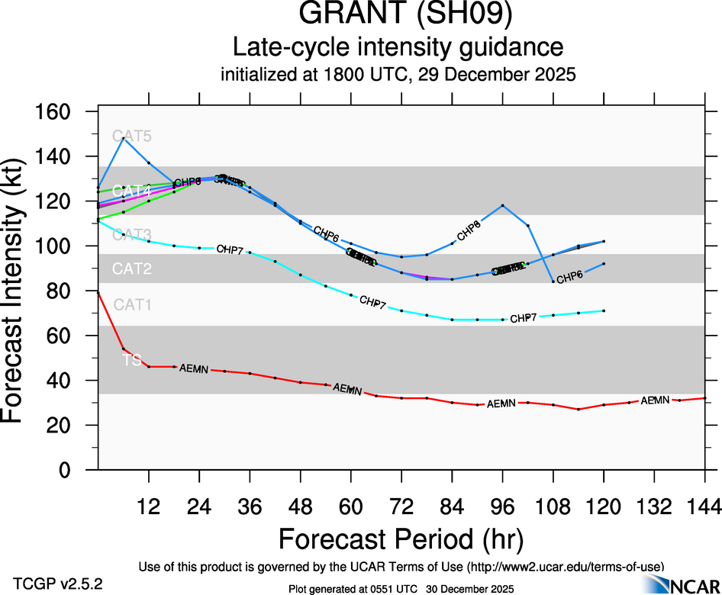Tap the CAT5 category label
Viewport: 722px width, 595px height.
pyautogui.click(x=132, y=137)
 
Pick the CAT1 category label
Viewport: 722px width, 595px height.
pyautogui.click(x=132, y=305)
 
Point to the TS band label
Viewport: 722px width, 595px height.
pyautogui.click(x=131, y=360)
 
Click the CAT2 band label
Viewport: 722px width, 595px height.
pyautogui.click(x=132, y=269)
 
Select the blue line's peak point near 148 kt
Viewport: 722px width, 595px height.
pyautogui.click(x=124, y=138)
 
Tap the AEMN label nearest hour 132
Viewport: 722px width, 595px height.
pyautogui.click(x=655, y=400)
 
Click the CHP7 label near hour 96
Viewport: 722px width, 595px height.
pyautogui.click(x=523, y=318)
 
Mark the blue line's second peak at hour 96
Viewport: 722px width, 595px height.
pyautogui.click(x=502, y=205)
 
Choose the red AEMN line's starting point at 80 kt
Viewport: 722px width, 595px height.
pyautogui.click(x=98, y=291)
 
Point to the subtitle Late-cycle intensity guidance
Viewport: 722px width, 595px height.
pyautogui.click(x=398, y=48)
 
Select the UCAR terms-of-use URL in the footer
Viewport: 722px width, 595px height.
pyautogui.click(x=566, y=566)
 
